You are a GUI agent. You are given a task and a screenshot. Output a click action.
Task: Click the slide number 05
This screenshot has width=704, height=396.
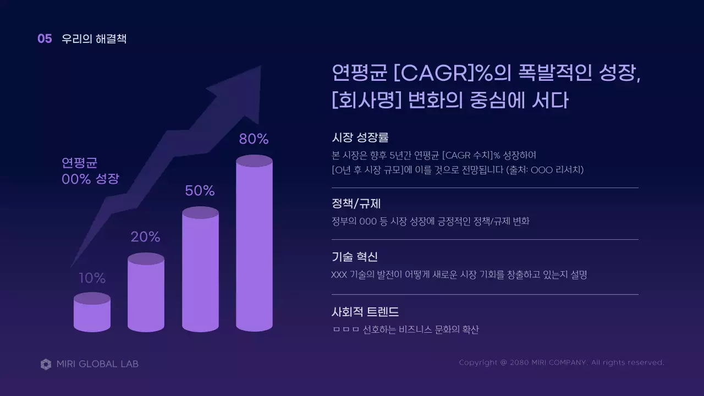(45, 39)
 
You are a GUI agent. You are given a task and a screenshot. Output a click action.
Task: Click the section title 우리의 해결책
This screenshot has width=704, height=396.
(94, 39)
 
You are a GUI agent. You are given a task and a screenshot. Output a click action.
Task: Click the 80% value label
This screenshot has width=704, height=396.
(254, 139)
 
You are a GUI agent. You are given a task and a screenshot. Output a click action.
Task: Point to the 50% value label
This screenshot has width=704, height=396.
(200, 191)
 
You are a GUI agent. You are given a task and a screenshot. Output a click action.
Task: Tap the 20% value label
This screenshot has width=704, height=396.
(145, 237)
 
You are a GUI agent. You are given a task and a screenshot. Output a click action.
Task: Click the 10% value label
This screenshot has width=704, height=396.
(92, 278)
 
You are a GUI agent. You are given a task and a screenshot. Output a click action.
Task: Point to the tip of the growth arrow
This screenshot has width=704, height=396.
(259, 68)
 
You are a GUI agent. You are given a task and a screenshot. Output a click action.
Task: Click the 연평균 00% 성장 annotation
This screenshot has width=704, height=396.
(90, 170)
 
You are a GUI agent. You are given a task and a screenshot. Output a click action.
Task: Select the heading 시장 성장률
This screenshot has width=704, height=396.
(360, 137)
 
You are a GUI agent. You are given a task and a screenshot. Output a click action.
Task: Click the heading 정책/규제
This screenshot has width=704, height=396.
(356, 204)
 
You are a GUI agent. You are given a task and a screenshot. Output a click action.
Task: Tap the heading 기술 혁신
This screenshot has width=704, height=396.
(355, 257)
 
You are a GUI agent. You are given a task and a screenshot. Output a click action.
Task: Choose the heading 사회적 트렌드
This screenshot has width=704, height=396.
(365, 312)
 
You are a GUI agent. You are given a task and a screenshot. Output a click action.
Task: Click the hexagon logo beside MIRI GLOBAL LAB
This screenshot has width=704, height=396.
(46, 364)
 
